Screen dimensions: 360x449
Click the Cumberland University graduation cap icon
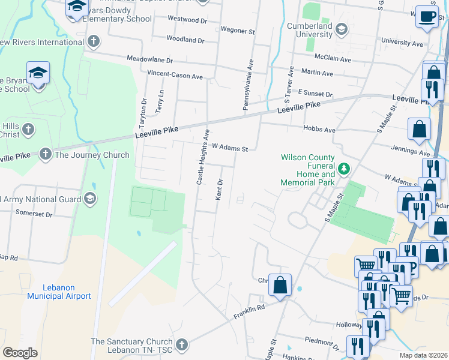pos(341,28)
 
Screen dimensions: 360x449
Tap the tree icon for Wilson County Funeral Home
pos(343,169)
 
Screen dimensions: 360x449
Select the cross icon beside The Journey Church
pos(46,155)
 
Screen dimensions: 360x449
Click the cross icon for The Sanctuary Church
pos(181,345)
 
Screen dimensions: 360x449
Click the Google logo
pos(20,353)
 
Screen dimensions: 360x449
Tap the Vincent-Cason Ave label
pos(175,75)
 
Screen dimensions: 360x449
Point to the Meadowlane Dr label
pos(149,60)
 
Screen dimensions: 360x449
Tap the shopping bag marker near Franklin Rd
pos(280,286)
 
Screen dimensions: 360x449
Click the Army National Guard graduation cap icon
pos(90,199)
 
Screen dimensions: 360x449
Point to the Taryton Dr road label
pos(144,110)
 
